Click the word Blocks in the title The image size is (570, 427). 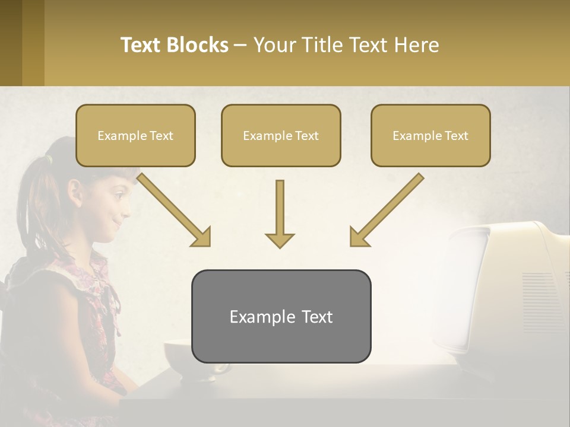[197, 45]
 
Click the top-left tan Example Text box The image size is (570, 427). [135, 135]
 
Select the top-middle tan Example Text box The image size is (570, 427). [281, 135]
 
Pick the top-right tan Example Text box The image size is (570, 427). [430, 135]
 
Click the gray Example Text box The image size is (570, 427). [281, 316]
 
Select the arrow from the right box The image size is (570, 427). [386, 210]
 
